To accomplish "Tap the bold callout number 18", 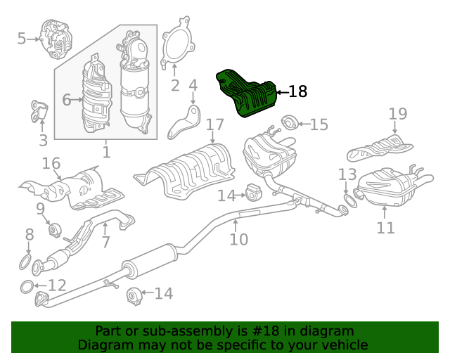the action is coord(297,91).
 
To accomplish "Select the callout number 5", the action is coord(22,39).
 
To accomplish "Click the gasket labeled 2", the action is coord(164,43).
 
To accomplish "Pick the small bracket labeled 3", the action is coord(39,111).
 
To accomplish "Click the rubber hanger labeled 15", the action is coord(289,122).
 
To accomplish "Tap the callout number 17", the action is coord(214,125).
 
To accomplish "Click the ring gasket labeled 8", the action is coord(25,262).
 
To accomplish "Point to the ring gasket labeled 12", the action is coord(27,287).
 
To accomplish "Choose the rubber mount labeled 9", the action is coord(54,230).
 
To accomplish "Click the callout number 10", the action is coord(239,239).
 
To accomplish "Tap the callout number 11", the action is coord(385,228).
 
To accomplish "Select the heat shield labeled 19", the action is coord(380,147).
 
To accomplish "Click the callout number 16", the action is coord(51,163).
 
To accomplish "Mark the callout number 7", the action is coord(105,242).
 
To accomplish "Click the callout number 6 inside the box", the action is coord(66,100).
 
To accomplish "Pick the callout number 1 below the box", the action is coord(106,152).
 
